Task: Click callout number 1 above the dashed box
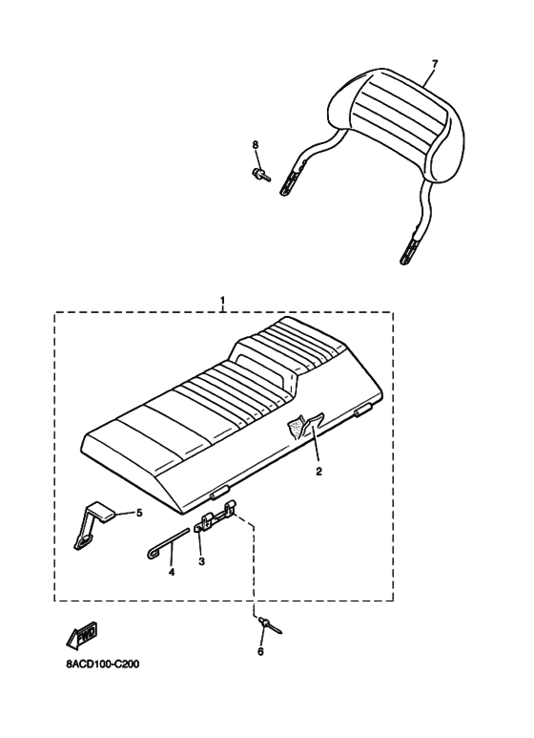(223, 300)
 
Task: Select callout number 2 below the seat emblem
(318, 471)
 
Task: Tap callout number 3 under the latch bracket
(201, 561)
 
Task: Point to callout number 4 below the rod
(172, 572)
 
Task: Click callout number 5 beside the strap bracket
(139, 513)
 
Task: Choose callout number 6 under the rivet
(260, 651)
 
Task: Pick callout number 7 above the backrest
(434, 63)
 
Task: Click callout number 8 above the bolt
(256, 144)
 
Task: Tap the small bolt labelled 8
(260, 175)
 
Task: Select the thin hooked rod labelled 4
(167, 543)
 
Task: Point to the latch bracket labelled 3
(215, 518)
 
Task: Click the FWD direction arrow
(83, 635)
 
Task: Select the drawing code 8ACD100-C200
(102, 664)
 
